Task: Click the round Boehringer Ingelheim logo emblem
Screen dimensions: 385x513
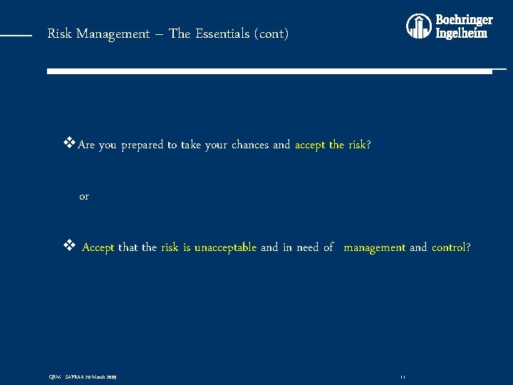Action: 418,26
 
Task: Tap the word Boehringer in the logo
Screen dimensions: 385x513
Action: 464,20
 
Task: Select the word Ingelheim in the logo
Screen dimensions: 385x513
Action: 462,33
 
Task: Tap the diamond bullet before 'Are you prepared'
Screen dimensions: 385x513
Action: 69,144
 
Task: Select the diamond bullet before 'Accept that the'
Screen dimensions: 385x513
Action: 69,247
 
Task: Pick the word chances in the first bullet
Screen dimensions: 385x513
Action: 251,145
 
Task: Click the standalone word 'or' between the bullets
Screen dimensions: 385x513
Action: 84,196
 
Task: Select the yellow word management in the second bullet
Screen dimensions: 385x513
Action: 375,247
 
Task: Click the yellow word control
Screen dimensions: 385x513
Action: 448,247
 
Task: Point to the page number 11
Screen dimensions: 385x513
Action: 403,376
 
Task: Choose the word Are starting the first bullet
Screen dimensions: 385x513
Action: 86,145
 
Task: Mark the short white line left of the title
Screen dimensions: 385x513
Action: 16,34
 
